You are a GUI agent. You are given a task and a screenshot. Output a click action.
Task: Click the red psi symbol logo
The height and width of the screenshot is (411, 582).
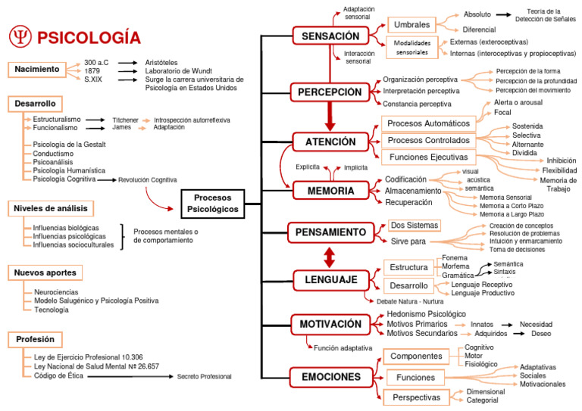pyautogui.click(x=20, y=37)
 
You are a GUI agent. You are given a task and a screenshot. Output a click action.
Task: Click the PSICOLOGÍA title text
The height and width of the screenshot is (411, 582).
pyautogui.click(x=89, y=37)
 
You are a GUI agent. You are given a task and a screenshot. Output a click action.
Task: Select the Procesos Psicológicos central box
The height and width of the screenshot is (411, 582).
pyautogui.click(x=213, y=203)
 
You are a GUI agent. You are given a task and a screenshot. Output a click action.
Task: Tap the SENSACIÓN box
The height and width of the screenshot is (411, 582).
pyautogui.click(x=330, y=36)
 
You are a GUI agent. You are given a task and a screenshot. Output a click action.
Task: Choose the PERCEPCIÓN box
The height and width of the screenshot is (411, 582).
pyautogui.click(x=330, y=92)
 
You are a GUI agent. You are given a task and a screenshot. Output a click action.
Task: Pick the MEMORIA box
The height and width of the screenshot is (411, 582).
pyautogui.click(x=330, y=191)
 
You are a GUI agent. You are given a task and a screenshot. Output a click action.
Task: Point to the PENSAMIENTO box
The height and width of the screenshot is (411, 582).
pyautogui.click(x=331, y=232)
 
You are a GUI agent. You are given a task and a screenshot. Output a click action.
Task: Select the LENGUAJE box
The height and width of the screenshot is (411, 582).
pyautogui.click(x=331, y=280)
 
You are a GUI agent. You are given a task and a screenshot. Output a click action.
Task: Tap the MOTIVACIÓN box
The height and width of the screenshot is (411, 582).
pyautogui.click(x=330, y=324)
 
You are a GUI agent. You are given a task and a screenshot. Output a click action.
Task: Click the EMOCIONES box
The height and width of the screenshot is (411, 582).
pyautogui.click(x=330, y=376)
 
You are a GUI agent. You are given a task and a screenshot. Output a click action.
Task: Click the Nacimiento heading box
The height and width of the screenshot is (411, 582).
pyautogui.click(x=37, y=70)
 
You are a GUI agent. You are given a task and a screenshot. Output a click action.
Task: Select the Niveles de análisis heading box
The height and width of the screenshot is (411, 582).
pyautogui.click(x=51, y=208)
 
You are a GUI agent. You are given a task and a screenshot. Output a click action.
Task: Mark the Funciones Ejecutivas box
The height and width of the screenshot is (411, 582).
pyautogui.click(x=429, y=157)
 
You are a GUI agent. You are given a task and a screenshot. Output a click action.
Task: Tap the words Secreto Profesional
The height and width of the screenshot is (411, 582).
pyautogui.click(x=205, y=376)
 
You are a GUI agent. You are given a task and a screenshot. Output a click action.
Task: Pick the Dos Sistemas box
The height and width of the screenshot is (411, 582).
pyautogui.click(x=413, y=226)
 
